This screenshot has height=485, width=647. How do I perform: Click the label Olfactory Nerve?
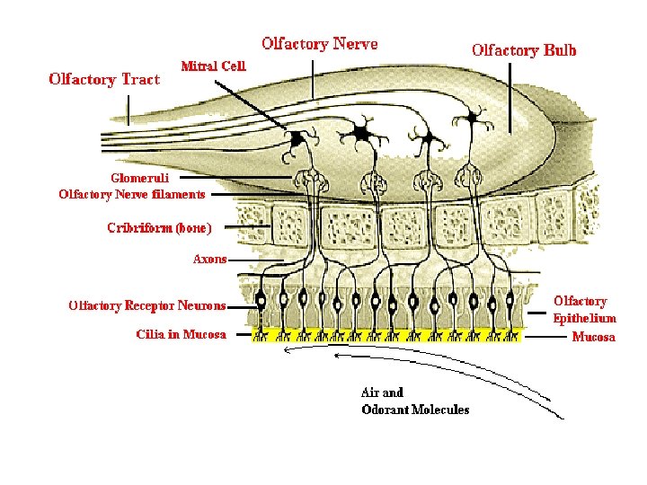(319, 44)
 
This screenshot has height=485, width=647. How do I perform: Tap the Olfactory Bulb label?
(524, 50)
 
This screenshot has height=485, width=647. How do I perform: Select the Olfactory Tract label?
(104, 79)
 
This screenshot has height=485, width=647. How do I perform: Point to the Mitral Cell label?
(213, 66)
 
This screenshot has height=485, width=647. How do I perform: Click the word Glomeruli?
(139, 178)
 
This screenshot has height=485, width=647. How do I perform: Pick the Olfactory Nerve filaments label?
(132, 193)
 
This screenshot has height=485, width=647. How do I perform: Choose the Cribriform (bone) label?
(159, 228)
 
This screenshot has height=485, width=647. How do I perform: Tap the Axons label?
(210, 259)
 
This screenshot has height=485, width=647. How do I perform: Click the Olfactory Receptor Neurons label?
(147, 306)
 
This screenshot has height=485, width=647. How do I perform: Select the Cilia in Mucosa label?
(182, 334)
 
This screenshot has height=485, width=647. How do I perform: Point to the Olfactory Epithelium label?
(584, 310)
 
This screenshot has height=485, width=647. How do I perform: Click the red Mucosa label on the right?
(594, 337)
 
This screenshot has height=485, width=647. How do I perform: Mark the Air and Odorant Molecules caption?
(414, 401)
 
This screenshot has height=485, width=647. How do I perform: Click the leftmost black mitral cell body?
(296, 138)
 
